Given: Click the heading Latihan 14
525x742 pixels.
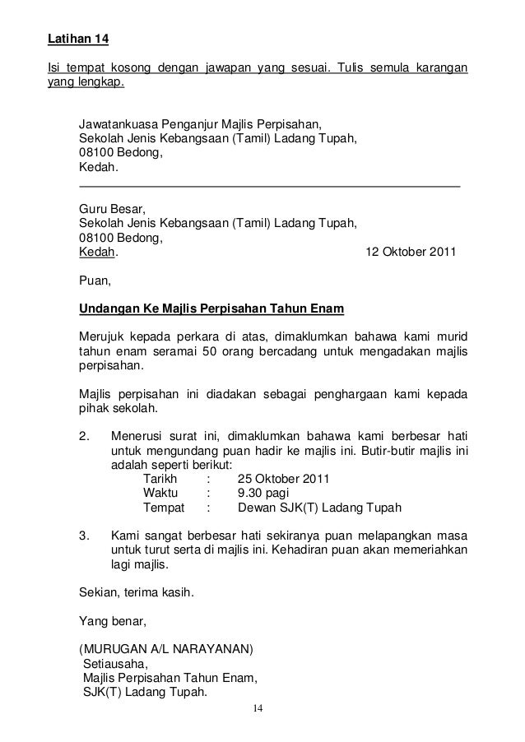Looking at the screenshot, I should tap(76, 39).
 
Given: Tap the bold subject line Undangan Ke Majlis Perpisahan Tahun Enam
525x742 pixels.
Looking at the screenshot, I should tap(211, 309).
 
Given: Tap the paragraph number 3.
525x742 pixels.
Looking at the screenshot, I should tap(82, 536).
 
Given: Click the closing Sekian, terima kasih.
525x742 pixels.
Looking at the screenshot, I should tap(131, 592).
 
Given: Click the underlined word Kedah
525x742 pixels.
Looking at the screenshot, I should tap(95, 253).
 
